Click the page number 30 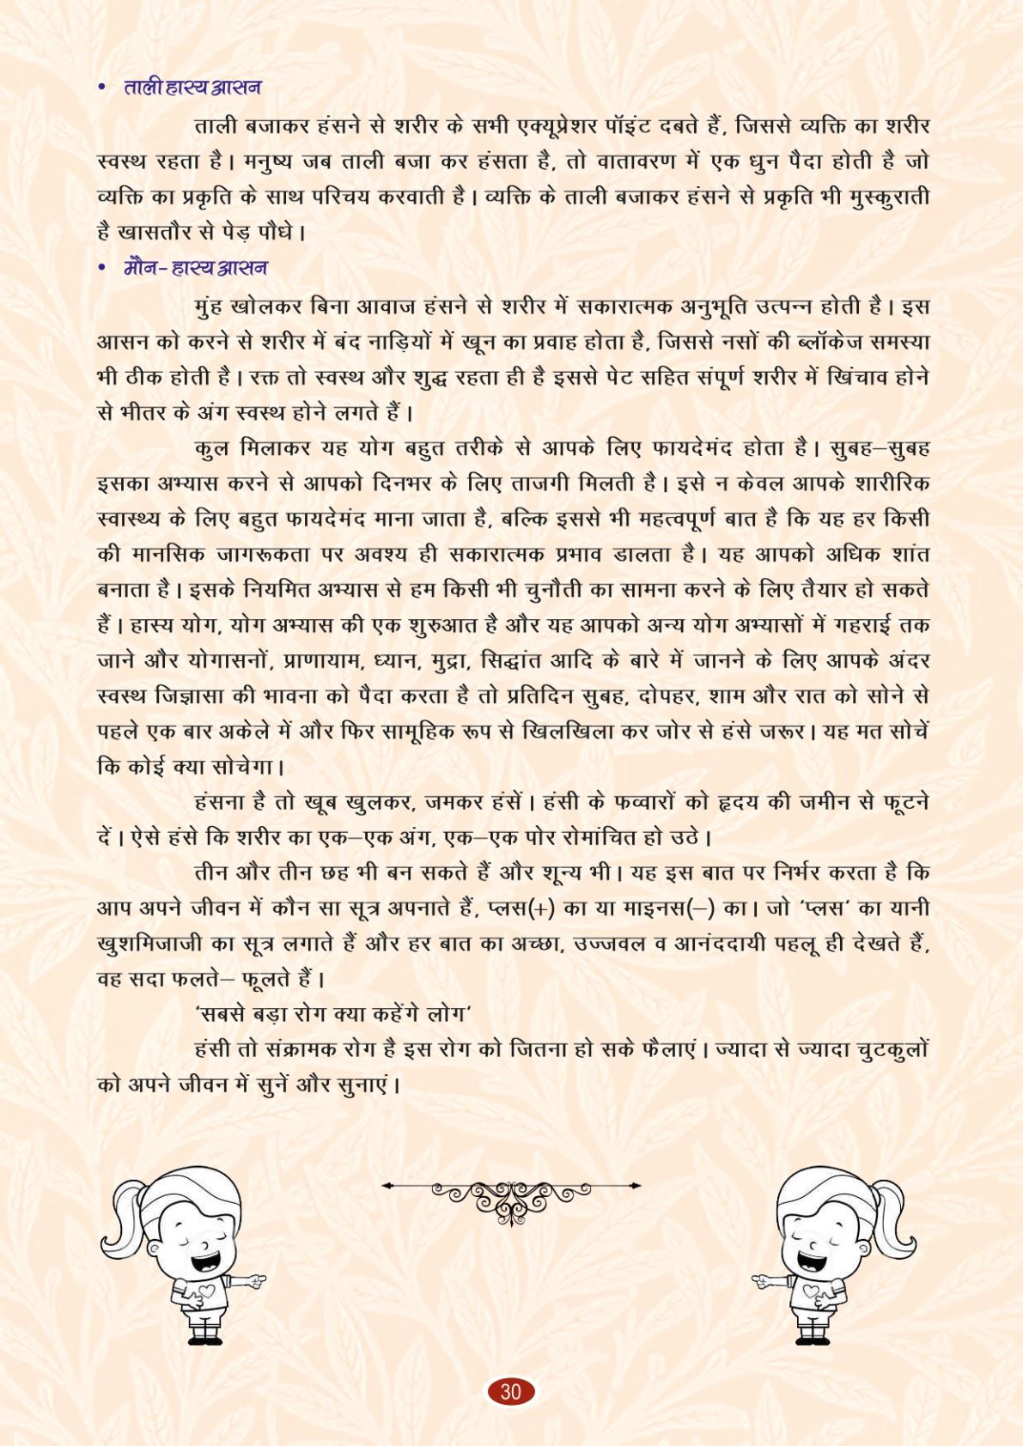[x=511, y=1390]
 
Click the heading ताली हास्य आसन [x=192, y=88]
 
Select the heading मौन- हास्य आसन [x=195, y=268]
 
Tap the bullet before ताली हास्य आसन [x=102, y=88]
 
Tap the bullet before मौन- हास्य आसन [x=102, y=269]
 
